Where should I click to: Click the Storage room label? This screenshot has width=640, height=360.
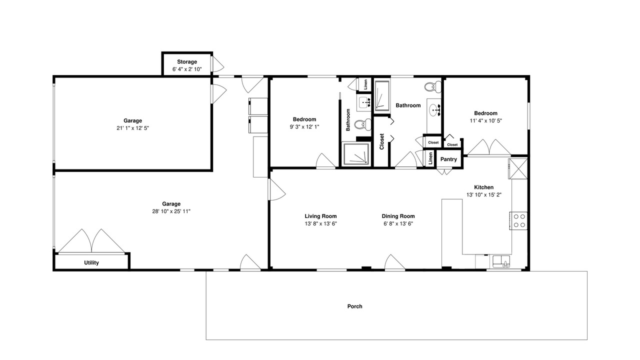(x=187, y=61)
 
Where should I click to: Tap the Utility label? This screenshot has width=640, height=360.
(x=91, y=263)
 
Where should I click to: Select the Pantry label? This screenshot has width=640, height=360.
(x=448, y=159)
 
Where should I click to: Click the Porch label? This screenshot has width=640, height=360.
(x=355, y=306)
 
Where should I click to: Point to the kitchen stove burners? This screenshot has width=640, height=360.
(x=519, y=220)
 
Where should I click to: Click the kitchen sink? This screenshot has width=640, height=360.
(x=501, y=261)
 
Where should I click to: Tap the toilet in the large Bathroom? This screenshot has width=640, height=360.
(x=432, y=87)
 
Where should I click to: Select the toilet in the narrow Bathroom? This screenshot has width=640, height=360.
(x=362, y=124)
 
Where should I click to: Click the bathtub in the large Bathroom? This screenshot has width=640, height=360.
(x=382, y=95)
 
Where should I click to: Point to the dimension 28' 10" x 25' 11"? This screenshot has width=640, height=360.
(x=171, y=211)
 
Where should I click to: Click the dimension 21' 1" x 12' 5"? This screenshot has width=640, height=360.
(x=132, y=128)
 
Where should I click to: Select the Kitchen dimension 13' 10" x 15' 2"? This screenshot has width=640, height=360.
(x=484, y=195)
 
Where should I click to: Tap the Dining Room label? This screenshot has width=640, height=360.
(x=398, y=216)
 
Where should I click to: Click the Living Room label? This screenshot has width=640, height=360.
(x=320, y=216)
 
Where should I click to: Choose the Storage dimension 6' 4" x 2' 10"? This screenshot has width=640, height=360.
(x=187, y=69)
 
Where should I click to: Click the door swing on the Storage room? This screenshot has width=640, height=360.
(x=217, y=64)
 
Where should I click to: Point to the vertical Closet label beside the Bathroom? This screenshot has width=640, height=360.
(x=381, y=141)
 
